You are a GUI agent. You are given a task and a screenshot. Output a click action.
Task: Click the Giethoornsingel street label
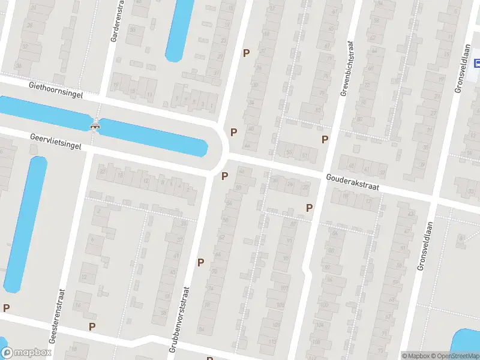(55, 90)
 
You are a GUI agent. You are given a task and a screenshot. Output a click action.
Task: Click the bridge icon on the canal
(94, 125)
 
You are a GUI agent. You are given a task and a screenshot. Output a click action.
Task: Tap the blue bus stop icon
(478, 63)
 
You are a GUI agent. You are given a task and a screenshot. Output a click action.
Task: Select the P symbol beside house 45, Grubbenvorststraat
(200, 262)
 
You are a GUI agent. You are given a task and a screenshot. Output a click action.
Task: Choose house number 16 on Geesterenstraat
(78, 305)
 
